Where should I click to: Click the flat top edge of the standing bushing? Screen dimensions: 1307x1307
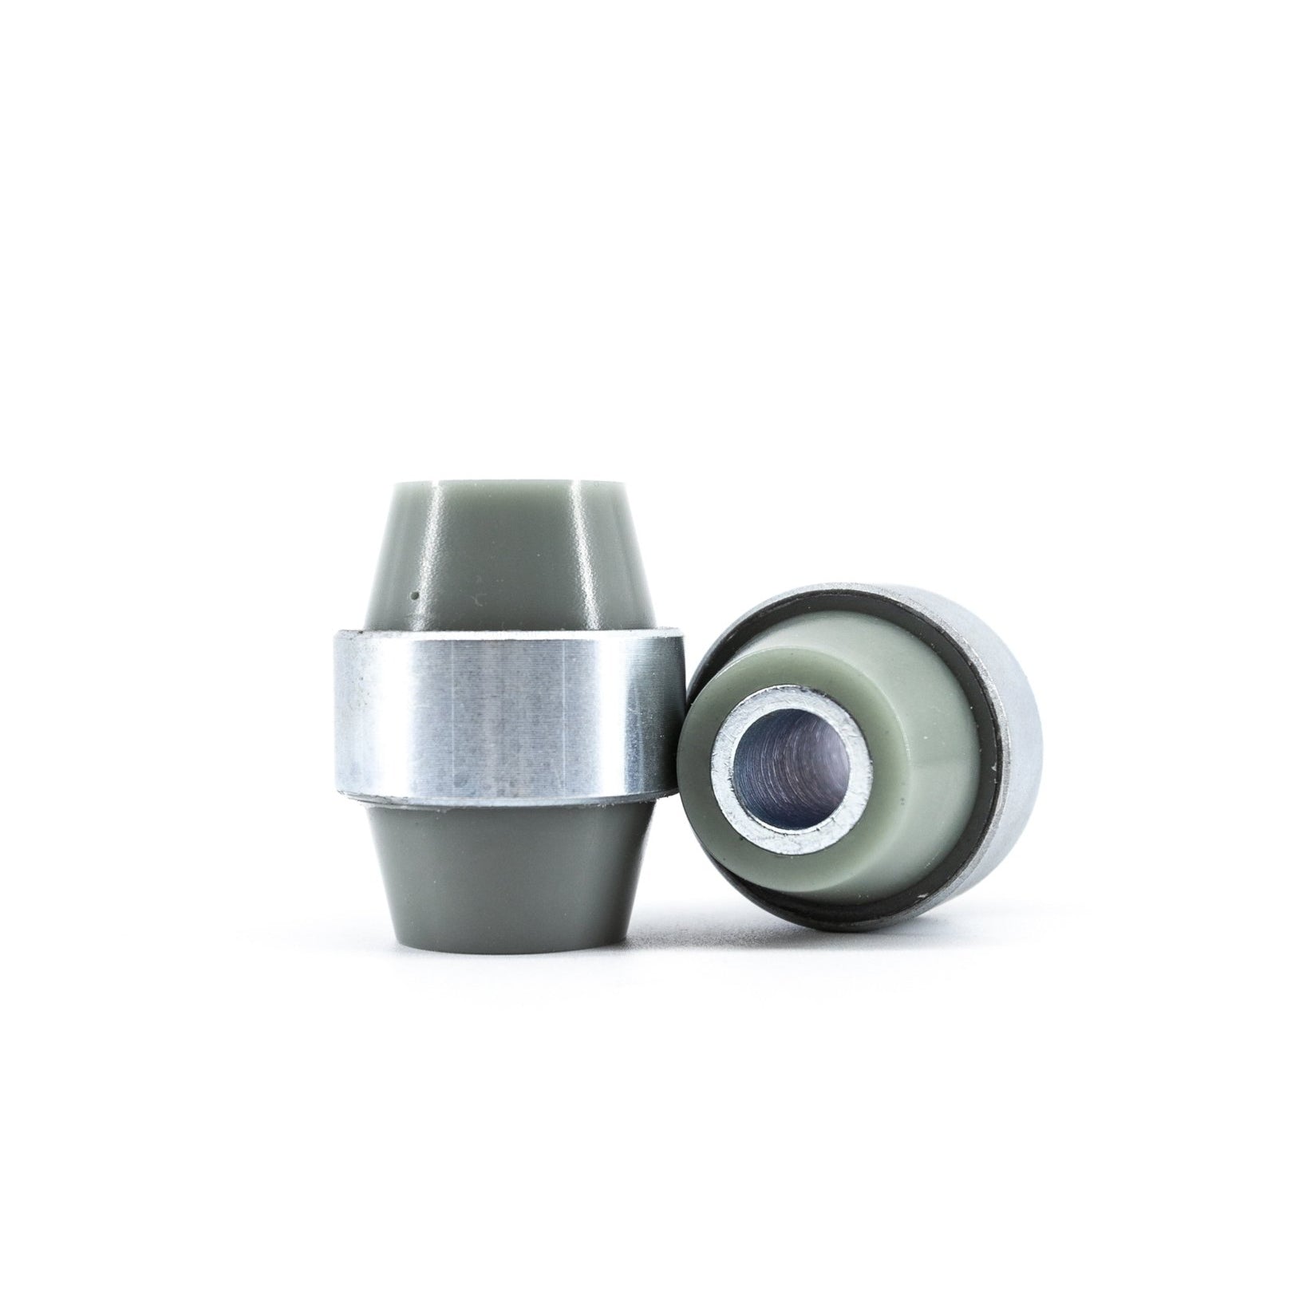(511, 482)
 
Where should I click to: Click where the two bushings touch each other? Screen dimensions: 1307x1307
(678, 718)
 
